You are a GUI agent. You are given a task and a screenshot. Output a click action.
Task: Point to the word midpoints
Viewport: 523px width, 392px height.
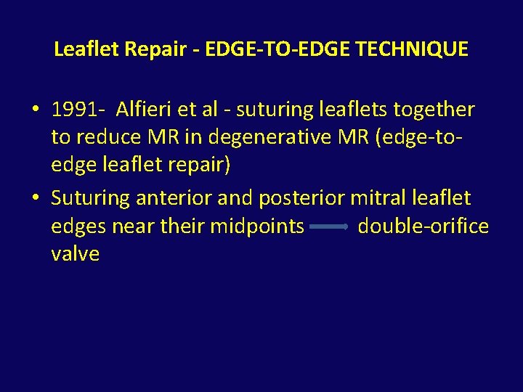coord(257,226)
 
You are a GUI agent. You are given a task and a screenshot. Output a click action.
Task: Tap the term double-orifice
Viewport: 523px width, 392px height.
coord(423,226)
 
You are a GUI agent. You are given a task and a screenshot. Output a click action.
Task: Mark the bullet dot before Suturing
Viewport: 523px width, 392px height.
coord(35,198)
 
